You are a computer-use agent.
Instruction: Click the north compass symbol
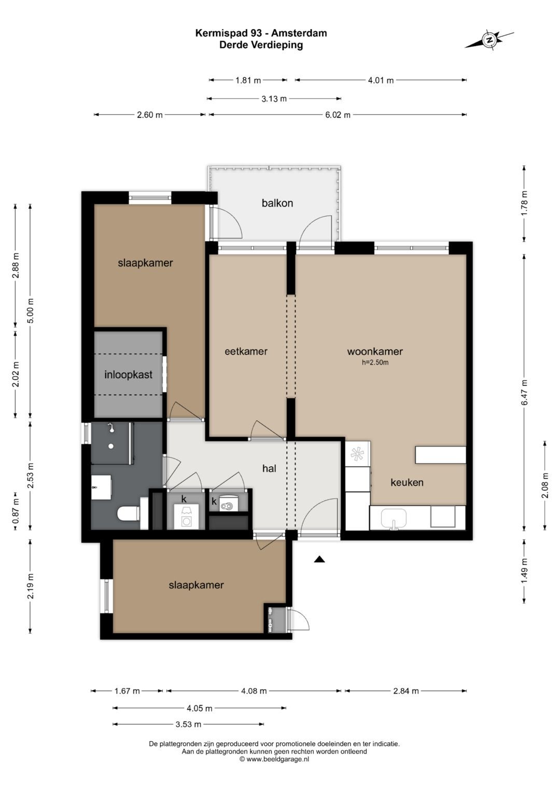click(489, 39)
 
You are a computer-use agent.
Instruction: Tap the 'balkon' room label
click(277, 203)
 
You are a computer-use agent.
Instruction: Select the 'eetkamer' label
click(246, 351)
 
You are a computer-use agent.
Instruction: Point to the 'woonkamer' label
click(375, 351)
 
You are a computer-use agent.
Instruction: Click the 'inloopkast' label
click(129, 374)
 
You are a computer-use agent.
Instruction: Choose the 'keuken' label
click(407, 482)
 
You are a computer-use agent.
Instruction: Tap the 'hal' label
click(270, 468)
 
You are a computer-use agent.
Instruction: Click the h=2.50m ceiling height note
click(375, 363)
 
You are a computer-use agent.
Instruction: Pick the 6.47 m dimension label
click(524, 393)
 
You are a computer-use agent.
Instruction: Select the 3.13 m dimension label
click(274, 99)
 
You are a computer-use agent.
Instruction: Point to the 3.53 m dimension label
click(188, 725)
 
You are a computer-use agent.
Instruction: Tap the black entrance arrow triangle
click(319, 559)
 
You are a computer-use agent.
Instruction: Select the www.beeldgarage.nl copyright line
click(274, 759)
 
